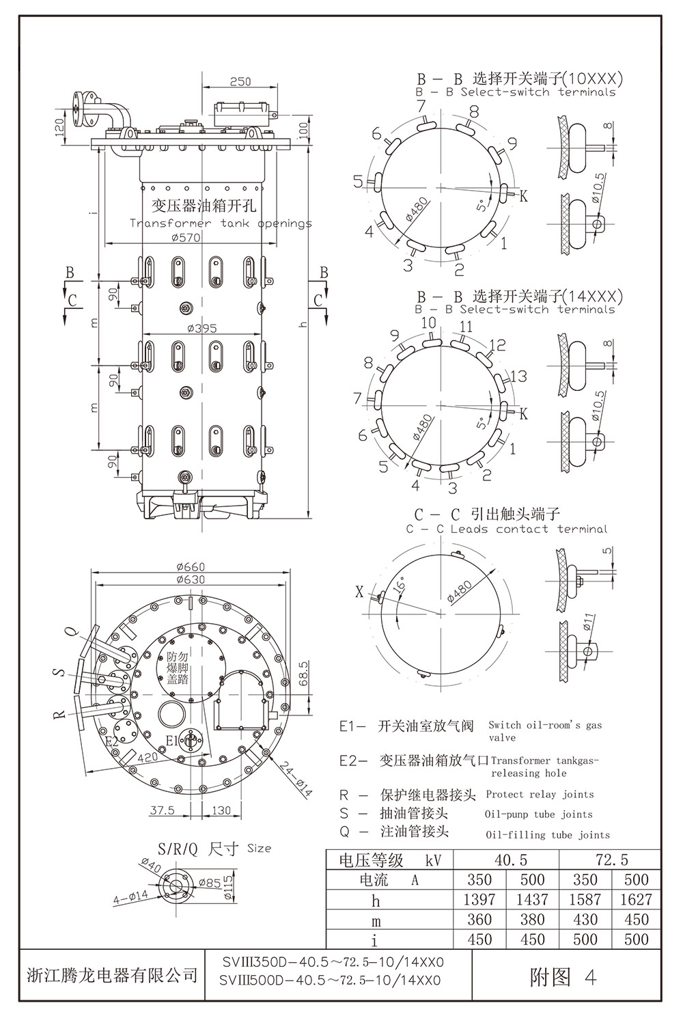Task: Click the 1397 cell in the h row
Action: click(480, 899)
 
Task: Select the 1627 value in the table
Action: click(636, 899)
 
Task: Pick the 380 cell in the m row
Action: click(532, 919)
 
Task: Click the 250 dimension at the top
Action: click(240, 81)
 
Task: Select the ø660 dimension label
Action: click(190, 566)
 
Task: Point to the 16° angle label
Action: click(399, 586)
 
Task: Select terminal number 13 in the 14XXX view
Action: click(519, 375)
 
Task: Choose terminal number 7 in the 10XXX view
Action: click(421, 105)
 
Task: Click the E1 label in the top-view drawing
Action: click(172, 740)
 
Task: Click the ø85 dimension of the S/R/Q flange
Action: click(212, 883)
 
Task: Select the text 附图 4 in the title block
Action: click(563, 978)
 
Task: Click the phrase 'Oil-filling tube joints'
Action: click(547, 834)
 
